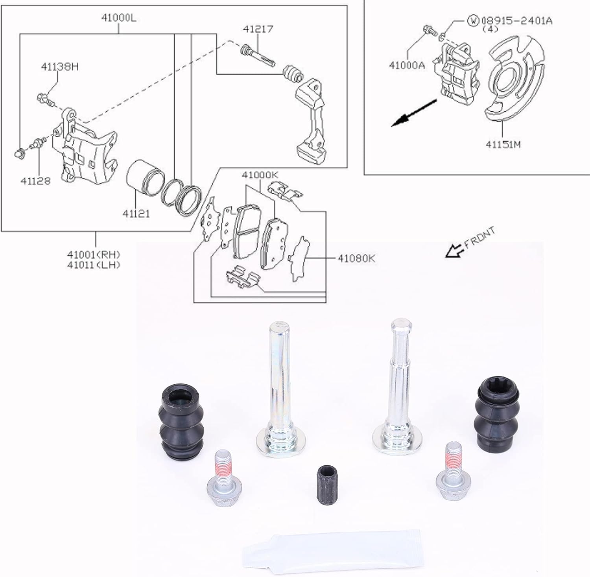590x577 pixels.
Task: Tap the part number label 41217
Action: (x=258, y=29)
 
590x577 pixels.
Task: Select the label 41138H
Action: (x=59, y=66)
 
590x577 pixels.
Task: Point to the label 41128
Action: (x=35, y=181)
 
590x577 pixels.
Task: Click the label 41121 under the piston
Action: (x=136, y=214)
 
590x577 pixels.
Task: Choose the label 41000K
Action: (x=260, y=175)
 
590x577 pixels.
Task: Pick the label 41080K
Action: (x=356, y=258)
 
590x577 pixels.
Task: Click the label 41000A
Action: (x=407, y=66)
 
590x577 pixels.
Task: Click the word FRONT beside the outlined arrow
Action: (x=479, y=238)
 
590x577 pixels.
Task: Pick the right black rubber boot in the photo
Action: (x=493, y=417)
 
